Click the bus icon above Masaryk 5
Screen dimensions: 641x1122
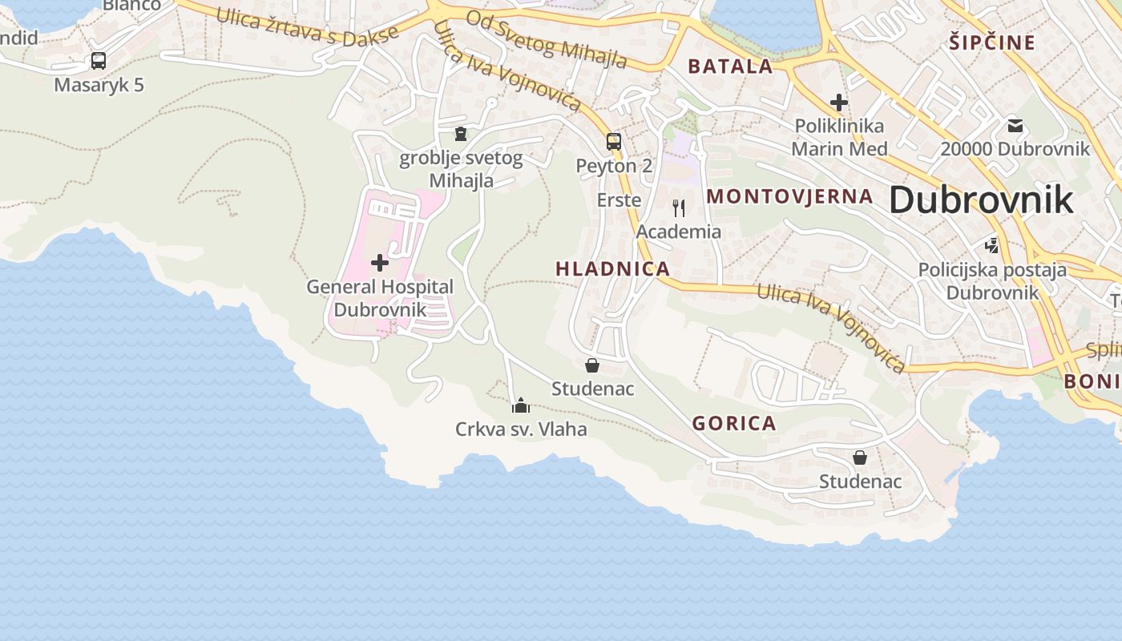(x=99, y=60)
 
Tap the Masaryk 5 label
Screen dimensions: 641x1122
(x=99, y=84)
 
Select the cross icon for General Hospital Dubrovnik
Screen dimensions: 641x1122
(x=380, y=262)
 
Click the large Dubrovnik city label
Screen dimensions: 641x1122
(x=980, y=200)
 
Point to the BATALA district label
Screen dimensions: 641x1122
(x=730, y=67)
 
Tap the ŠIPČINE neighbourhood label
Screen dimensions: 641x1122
(x=992, y=42)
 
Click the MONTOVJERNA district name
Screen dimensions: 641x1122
(x=789, y=196)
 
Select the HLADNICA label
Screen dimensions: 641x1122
(x=612, y=269)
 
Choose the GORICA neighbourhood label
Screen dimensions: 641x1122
(x=734, y=423)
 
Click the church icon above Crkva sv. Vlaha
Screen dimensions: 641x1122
(x=521, y=405)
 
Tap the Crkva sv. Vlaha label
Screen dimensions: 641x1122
(x=521, y=429)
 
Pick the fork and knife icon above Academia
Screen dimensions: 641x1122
(x=679, y=208)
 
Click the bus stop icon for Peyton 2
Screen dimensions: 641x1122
(x=614, y=142)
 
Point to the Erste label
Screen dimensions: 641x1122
(x=619, y=200)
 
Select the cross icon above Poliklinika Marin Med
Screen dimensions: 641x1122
(x=839, y=103)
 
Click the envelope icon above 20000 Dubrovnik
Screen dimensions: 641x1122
(x=1015, y=125)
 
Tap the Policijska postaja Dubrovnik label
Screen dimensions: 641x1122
(x=992, y=280)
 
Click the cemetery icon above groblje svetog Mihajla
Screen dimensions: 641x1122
(x=460, y=133)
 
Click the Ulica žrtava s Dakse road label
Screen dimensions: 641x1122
(x=307, y=27)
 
